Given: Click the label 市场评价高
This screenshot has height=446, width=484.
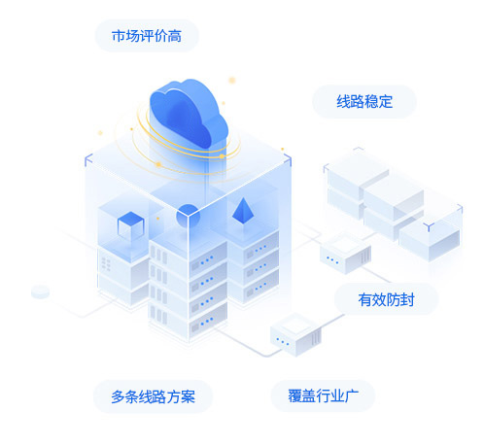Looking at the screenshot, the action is click(147, 36).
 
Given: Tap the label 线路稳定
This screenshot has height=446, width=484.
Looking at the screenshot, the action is click(364, 102).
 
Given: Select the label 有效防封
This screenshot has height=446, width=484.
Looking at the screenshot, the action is click(386, 299).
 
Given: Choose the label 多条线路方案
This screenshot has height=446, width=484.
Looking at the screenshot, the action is click(153, 396).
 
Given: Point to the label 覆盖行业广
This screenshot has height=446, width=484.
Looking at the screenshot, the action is click(323, 395).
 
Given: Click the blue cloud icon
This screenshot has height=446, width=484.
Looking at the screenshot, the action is click(189, 114).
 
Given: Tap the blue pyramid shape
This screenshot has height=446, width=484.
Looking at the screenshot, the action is click(243, 211).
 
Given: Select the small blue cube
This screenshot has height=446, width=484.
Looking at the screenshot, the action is click(130, 225).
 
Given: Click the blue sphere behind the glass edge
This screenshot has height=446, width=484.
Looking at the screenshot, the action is click(188, 216).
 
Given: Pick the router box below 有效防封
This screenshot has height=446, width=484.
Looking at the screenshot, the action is click(296, 334).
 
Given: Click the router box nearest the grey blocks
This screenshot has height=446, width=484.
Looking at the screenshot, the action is click(345, 255).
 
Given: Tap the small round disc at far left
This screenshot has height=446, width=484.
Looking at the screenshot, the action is click(40, 292).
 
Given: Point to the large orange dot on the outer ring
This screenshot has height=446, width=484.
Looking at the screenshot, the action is click(158, 164).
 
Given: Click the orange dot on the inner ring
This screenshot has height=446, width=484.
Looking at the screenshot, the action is click(222, 156).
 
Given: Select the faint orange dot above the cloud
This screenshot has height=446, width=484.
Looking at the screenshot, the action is click(232, 81).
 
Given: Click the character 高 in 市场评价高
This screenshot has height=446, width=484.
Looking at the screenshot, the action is click(175, 36).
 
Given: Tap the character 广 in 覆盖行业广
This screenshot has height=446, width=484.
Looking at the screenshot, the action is click(352, 395).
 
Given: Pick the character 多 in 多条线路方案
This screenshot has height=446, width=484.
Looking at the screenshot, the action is click(118, 396).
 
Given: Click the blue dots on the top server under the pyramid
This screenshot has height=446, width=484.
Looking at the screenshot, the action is click(260, 249).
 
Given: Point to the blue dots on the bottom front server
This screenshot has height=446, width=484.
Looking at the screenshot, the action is click(207, 322).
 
